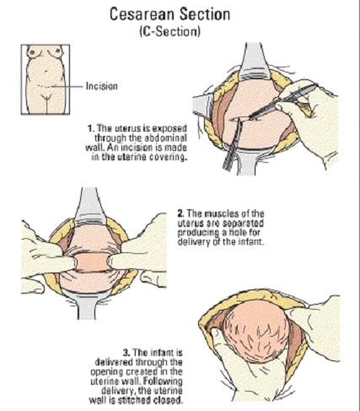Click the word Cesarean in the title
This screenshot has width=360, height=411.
[x=142, y=14]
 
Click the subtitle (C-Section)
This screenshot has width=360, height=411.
[x=170, y=31]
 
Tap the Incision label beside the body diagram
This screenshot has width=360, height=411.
[x=102, y=85]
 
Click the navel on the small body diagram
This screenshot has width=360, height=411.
[x=46, y=70]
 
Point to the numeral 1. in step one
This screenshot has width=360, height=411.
[x=90, y=128]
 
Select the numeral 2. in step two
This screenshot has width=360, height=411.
[x=181, y=214]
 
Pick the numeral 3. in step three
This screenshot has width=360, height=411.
[x=126, y=353]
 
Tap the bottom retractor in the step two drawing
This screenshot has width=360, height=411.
[x=87, y=306]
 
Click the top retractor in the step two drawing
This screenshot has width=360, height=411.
[x=90, y=207]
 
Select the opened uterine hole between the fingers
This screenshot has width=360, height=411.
[x=92, y=262]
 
